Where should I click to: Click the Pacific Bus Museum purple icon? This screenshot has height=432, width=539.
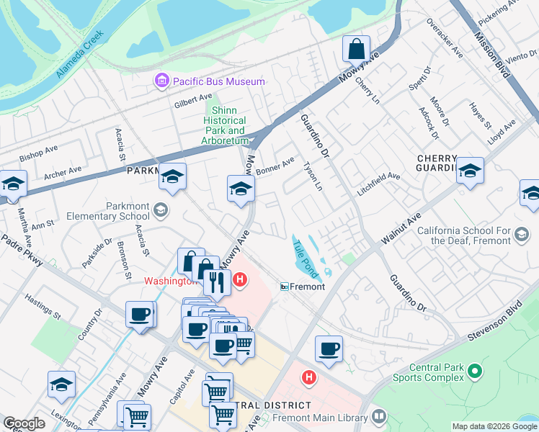[161, 81]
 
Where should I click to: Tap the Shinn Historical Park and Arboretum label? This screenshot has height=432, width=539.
[224, 125]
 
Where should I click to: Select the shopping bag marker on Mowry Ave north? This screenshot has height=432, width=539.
[356, 50]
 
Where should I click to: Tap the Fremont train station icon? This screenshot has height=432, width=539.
[285, 287]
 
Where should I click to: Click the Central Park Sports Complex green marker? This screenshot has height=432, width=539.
[474, 372]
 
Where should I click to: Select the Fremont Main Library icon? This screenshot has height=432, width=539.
[379, 417]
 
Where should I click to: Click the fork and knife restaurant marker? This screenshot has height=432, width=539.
[217, 281]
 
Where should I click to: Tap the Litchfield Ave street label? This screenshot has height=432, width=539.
[378, 185]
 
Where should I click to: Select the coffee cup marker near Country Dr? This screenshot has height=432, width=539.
[139, 315]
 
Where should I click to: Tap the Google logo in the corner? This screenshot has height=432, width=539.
[24, 423]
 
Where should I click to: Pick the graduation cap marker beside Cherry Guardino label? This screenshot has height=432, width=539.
[470, 171]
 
